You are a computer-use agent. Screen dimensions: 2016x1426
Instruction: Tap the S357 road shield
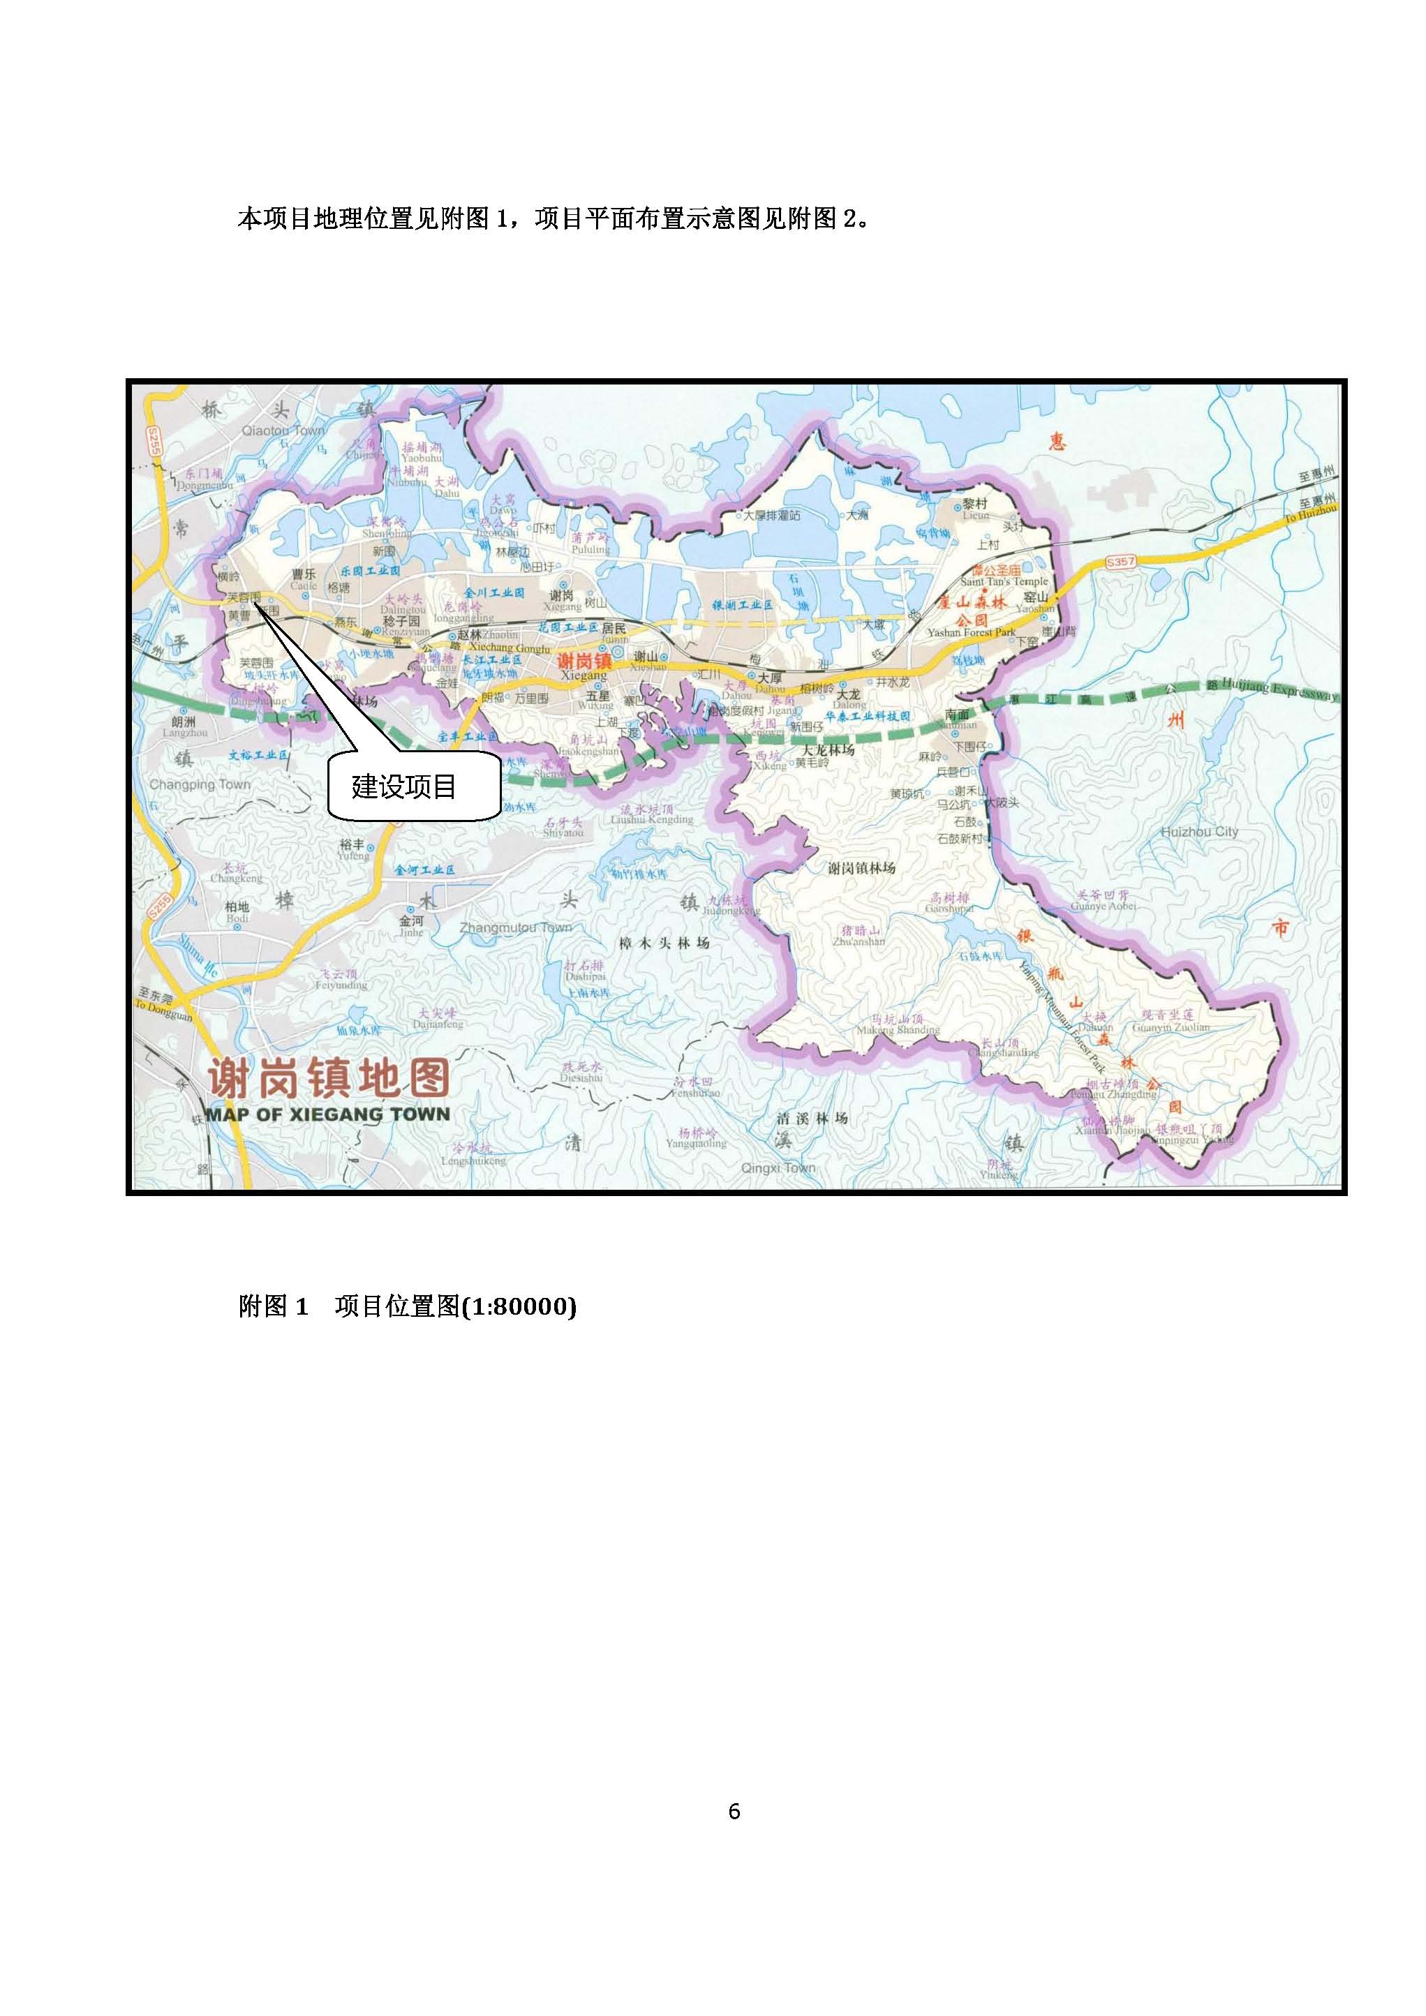click(1120, 561)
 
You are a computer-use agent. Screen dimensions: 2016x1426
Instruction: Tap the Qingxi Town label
click(778, 1168)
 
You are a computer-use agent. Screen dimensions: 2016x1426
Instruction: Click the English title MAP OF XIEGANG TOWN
click(327, 1114)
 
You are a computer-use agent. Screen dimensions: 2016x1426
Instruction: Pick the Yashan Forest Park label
click(972, 632)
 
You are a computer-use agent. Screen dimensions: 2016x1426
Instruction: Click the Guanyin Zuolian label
click(1171, 1027)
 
